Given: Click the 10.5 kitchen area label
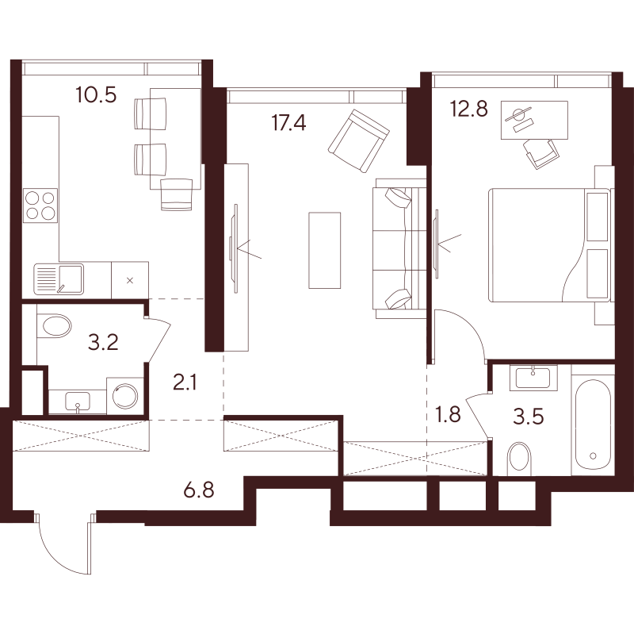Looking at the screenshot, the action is coord(96,94).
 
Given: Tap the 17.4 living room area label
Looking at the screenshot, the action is coord(288,122).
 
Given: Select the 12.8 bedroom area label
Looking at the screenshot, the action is coord(469,109).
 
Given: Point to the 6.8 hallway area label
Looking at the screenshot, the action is coord(199,490).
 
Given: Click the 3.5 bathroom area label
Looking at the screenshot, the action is coord(529,417).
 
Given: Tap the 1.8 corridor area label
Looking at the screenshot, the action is coord(449,414).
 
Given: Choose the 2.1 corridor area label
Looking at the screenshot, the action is coord(185,382).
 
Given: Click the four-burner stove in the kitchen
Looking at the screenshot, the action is coord(40,206).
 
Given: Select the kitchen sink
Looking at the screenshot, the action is coord(59,279).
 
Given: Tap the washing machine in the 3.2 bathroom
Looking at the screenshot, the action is coord(125,396).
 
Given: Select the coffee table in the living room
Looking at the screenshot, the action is coord(324,250).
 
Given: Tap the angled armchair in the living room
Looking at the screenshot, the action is coord(359,141).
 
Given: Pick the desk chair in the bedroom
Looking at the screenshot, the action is coord(541,153).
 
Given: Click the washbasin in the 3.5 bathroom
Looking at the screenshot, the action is coord(533,378).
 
